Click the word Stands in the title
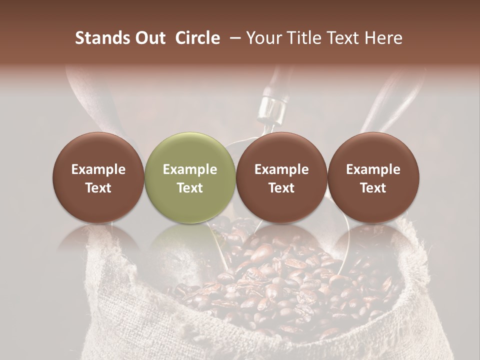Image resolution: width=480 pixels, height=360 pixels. pyautogui.click(x=101, y=38)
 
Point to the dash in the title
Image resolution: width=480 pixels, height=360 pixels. pyautogui.click(x=233, y=38)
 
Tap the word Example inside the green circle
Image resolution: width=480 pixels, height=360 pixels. pyautogui.click(x=190, y=169)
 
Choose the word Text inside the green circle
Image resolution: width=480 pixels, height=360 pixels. pyautogui.click(x=190, y=188)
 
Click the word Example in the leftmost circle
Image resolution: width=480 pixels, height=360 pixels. pyautogui.click(x=98, y=169)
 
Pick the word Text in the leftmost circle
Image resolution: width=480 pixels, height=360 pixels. pyautogui.click(x=98, y=188)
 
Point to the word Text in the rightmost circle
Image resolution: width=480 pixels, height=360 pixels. pyautogui.click(x=373, y=188)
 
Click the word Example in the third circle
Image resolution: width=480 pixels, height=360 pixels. pyautogui.click(x=281, y=169)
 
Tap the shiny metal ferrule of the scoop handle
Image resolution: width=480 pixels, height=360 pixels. pyautogui.click(x=271, y=107)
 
